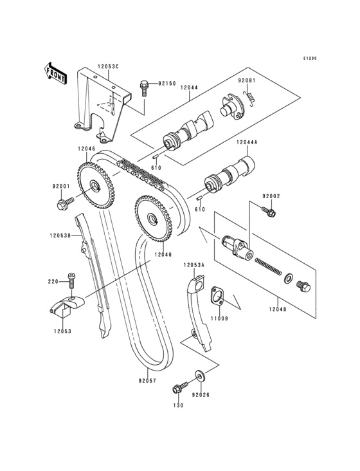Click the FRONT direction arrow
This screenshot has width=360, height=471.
55,73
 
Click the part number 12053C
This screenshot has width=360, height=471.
108,67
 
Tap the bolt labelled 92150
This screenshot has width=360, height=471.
144,88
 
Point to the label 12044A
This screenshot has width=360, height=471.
247,142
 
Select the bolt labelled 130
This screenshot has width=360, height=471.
180,387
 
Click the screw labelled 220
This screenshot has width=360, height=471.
72,281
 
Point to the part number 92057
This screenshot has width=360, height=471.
147,380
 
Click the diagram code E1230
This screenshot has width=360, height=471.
309,59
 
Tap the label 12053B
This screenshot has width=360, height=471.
60,235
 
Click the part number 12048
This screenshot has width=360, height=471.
277,308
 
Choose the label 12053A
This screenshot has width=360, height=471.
194,264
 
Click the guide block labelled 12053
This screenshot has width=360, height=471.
67,306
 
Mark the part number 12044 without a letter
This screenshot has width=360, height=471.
189,88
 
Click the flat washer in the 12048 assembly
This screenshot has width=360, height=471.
289,278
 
